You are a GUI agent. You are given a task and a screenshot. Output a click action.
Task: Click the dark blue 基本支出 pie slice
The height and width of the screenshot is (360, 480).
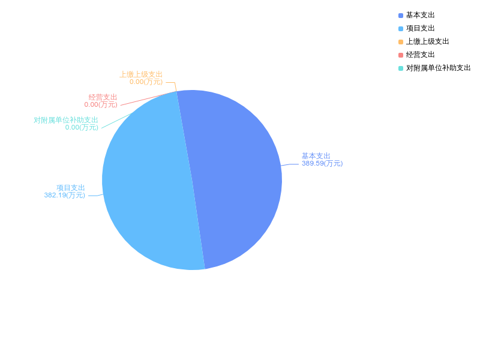pos(240,174)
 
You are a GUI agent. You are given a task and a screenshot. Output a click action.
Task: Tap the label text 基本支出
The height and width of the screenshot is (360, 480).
pos(316,156)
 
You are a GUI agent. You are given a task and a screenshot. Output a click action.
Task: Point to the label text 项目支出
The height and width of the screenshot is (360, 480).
pos(71,188)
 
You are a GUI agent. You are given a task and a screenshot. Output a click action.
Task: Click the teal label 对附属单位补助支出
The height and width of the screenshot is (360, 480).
pos(66,120)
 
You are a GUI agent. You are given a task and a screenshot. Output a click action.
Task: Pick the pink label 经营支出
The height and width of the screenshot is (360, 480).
pos(103,97)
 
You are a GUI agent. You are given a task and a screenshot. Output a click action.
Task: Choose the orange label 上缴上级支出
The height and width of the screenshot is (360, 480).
pos(141,74)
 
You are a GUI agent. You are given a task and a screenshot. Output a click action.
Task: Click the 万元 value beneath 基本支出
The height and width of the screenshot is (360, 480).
pos(322,163)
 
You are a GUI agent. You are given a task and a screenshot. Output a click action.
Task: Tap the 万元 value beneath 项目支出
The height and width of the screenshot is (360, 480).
pos(65,195)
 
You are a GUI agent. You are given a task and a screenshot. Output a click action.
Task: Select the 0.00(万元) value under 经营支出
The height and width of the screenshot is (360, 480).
pos(101,104)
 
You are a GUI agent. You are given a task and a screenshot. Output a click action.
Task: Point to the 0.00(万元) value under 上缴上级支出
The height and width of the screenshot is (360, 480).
pos(146,82)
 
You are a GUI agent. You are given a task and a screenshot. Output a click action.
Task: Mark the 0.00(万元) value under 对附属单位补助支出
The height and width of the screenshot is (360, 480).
pos(82,127)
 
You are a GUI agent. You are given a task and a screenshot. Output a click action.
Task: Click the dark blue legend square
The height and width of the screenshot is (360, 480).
pos(401,16)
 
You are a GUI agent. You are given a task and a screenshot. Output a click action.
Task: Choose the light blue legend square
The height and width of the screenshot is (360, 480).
pos(401,29)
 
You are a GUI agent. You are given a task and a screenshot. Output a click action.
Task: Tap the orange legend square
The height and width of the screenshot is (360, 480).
pos(401,42)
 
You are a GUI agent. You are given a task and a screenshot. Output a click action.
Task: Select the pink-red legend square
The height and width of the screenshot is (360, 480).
pos(401,55)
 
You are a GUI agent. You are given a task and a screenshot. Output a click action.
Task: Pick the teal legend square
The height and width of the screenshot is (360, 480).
pos(401,68)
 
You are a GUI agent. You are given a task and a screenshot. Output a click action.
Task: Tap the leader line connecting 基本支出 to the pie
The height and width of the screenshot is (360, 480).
pos(291,164)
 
